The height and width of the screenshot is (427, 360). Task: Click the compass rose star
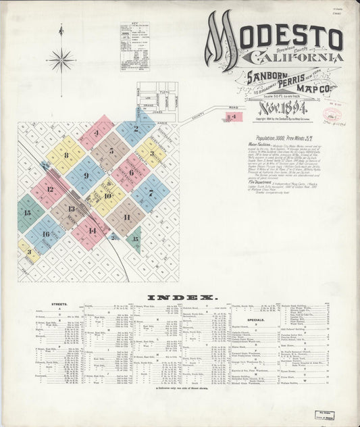61,60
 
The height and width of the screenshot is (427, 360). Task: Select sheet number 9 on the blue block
86,176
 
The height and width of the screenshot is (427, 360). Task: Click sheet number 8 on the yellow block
66,155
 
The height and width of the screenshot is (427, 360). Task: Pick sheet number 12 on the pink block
49,190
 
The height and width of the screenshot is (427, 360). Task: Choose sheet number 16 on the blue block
46,234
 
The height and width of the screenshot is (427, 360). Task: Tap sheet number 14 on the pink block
92,230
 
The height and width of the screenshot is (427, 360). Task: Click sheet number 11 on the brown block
126,217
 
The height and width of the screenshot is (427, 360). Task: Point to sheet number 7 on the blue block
151,193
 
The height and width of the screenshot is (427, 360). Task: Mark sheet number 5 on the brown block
111,151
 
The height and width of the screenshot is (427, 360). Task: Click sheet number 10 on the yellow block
107,196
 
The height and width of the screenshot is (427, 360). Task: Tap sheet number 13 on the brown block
71,209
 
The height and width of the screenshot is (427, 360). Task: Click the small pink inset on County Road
232,117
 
